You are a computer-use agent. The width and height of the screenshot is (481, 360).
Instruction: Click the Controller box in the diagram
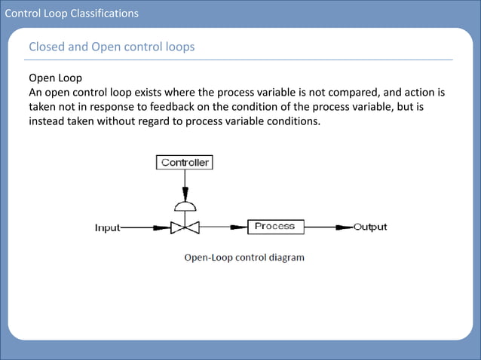coord(185,162)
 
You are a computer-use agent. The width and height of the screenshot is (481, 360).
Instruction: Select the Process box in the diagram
coord(274,226)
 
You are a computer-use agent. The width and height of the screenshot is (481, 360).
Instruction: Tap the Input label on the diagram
coord(106,227)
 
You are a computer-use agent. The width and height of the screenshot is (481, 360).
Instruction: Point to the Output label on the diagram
coord(370,227)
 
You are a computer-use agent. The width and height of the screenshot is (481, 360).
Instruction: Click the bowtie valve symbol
coord(184,227)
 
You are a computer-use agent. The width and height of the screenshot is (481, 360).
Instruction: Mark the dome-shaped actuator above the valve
coord(184,206)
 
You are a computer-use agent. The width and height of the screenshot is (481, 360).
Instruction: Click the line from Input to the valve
coord(143,227)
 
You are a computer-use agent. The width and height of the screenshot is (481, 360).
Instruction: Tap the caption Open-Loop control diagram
coord(244,258)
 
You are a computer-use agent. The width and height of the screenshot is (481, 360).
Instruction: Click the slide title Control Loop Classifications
coord(72,13)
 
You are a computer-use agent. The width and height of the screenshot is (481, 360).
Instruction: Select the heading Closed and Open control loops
coord(112,47)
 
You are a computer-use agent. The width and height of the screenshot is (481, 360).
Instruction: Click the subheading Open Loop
coord(55,78)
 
